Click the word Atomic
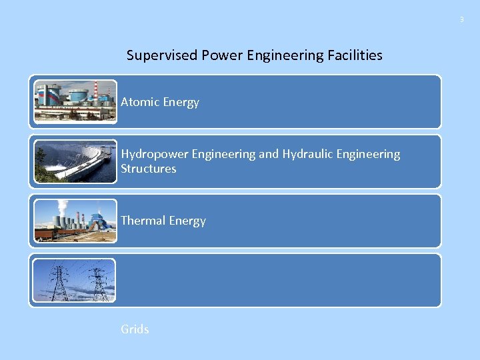pyautogui.click(x=140, y=102)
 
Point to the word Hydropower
pyautogui.click(x=155, y=154)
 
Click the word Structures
pyautogui.click(x=149, y=169)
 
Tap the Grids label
pyautogui.click(x=135, y=329)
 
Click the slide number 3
pyautogui.click(x=461, y=20)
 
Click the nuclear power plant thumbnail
pyautogui.click(x=75, y=101)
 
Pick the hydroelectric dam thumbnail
pyautogui.click(x=75, y=161)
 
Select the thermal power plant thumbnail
pyautogui.click(x=75, y=221)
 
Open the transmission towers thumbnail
pyautogui.click(x=75, y=280)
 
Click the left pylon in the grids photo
pyautogui.click(x=59, y=283)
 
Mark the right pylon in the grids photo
pyautogui.click(x=98, y=285)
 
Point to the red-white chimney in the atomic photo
pyautogui.click(x=96, y=92)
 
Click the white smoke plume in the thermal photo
pyautogui.click(x=63, y=207)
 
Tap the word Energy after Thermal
pyautogui.click(x=187, y=221)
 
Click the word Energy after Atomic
pyautogui.click(x=180, y=102)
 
